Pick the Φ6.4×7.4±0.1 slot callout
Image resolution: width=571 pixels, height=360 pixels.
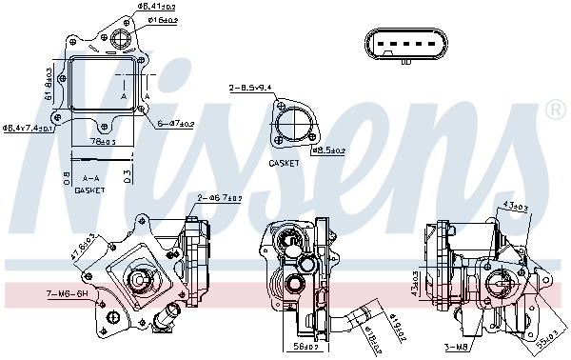click(30, 127)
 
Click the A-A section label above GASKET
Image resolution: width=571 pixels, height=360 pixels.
click(89, 178)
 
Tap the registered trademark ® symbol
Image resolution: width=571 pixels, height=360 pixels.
click(555, 112)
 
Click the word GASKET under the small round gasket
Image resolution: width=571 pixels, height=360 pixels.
click(285, 163)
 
